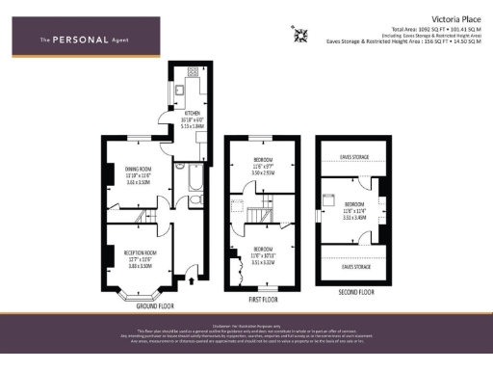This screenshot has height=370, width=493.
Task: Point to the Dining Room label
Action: tap(140, 172)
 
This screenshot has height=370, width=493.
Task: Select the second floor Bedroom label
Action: tap(355, 208)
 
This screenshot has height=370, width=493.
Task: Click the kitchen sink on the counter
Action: tap(180, 89)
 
